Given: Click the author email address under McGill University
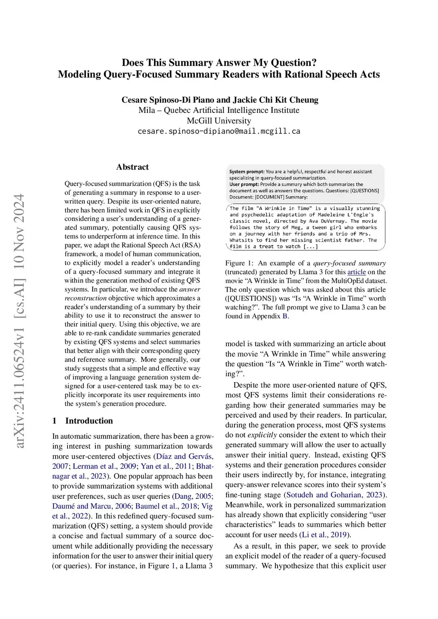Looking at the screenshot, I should [x=219, y=131].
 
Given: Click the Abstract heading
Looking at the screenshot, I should [x=132, y=167].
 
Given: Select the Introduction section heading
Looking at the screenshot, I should [x=89, y=421].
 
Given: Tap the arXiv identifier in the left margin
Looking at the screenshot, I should [x=19, y=321].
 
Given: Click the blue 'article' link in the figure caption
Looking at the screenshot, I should [x=356, y=272].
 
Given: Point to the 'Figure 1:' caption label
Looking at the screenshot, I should [x=239, y=263].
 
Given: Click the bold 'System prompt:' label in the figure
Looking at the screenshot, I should [x=247, y=172].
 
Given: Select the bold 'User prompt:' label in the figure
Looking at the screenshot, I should [x=244, y=185].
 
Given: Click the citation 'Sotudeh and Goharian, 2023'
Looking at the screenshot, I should [x=334, y=495].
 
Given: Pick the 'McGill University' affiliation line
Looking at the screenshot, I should [x=219, y=121].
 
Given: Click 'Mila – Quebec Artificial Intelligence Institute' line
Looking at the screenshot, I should [x=219, y=110].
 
